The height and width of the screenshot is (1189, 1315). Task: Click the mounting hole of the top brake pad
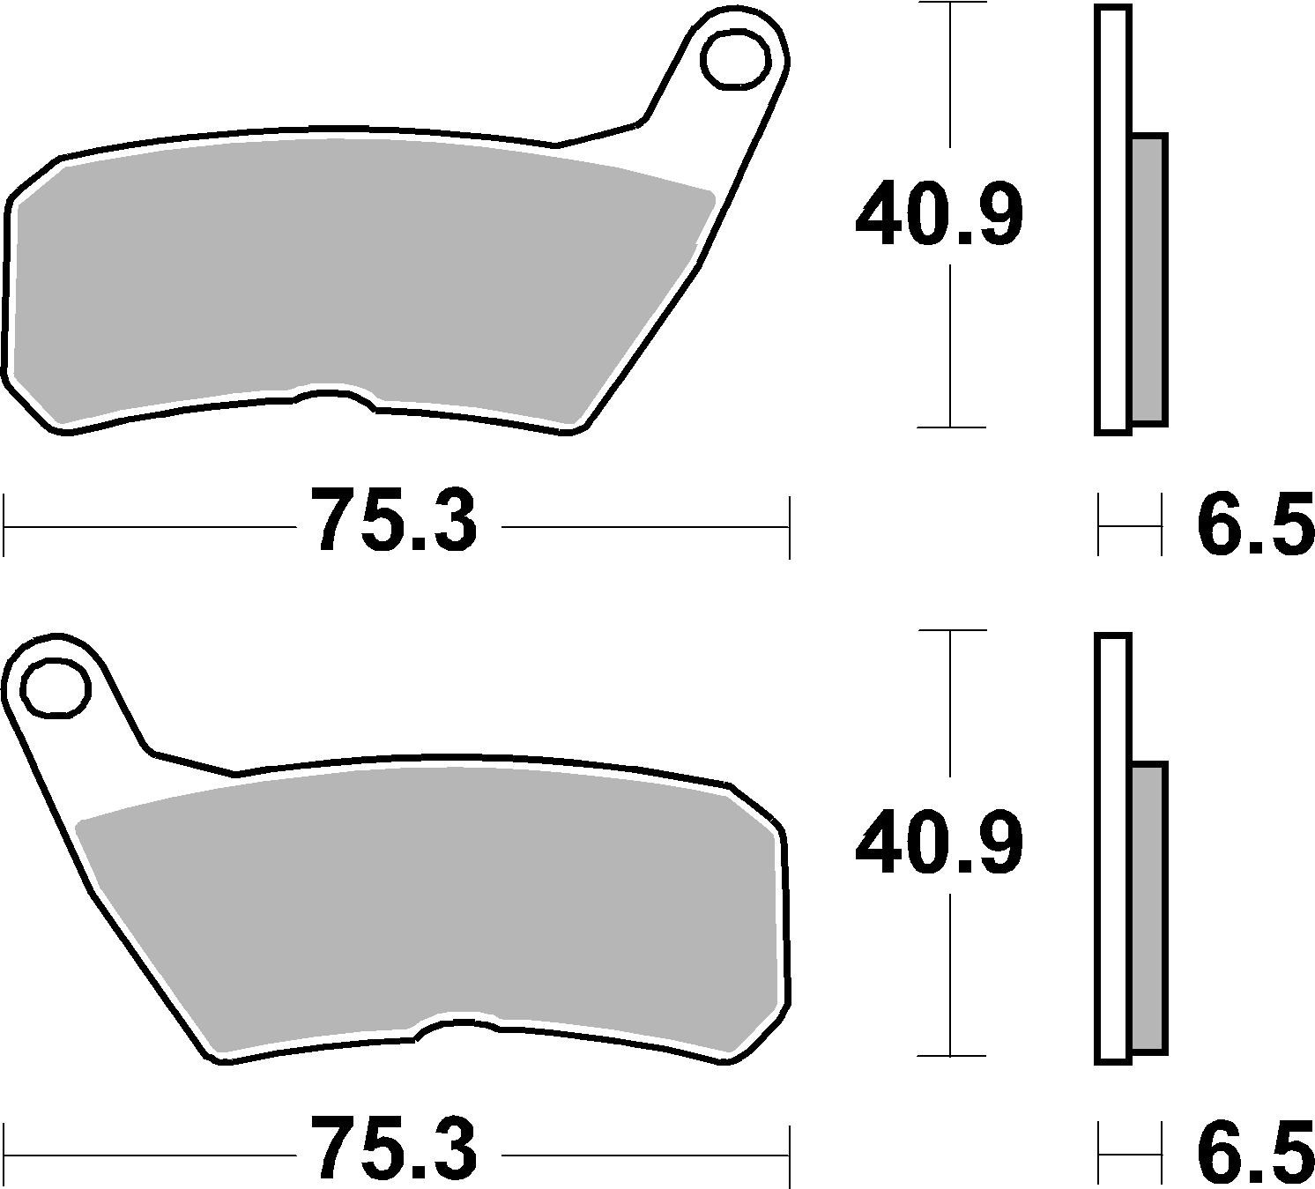click(734, 60)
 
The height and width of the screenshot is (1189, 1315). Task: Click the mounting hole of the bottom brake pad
click(56, 687)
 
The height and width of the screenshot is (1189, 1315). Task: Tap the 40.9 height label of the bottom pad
click(940, 844)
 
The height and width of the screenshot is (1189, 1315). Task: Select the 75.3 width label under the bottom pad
click(397, 1149)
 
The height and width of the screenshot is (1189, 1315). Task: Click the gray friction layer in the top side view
click(1148, 280)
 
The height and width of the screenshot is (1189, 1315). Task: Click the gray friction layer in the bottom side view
click(1148, 908)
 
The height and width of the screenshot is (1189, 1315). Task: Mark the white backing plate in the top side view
click(1112, 220)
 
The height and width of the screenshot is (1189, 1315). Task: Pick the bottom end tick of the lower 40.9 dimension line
click(950, 1055)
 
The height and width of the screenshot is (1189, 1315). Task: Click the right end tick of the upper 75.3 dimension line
click(790, 527)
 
